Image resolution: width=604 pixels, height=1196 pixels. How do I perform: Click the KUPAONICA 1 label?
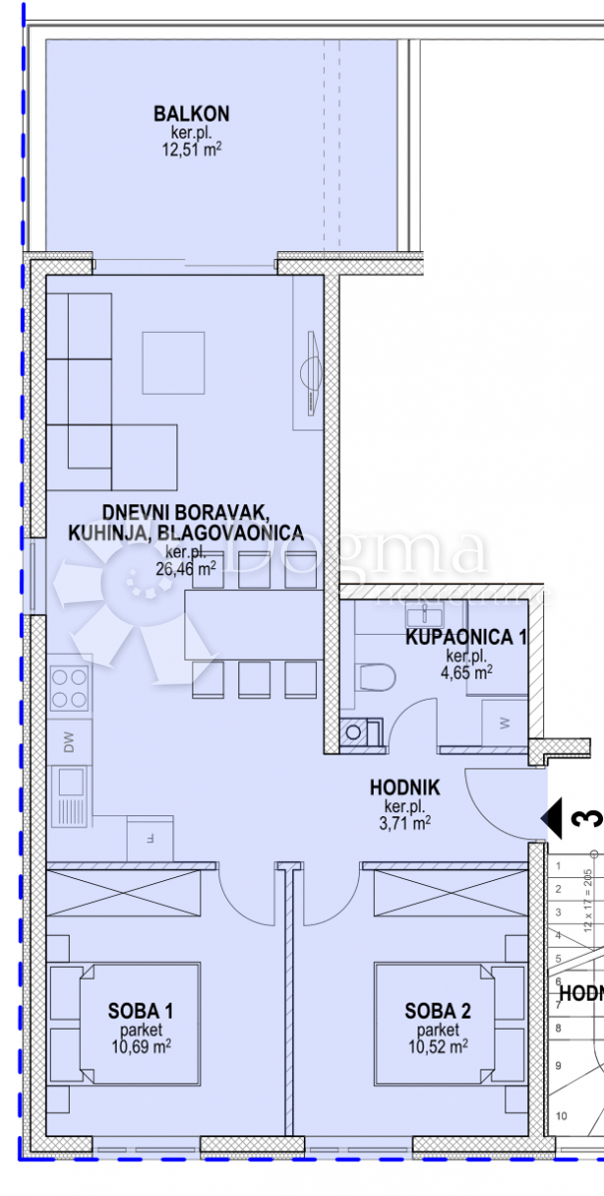coord(465,638)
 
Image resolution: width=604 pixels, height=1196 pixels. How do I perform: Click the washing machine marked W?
coord(504,720)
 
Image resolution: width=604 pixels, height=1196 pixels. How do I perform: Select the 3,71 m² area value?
coord(407,823)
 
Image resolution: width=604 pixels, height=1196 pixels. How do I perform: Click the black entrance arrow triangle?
coord(552,818)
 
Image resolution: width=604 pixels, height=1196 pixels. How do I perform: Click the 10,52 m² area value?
coord(438,1046)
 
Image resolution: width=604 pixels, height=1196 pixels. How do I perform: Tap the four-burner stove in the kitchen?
coord(69,688)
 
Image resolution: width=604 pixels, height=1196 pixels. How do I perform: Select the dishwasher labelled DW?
coord(69,742)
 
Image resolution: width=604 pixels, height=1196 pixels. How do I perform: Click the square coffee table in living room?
coord(173,363)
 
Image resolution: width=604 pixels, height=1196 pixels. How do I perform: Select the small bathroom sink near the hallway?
coord(354,733)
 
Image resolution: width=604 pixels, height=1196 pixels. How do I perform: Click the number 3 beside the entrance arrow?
coord(588,819)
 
